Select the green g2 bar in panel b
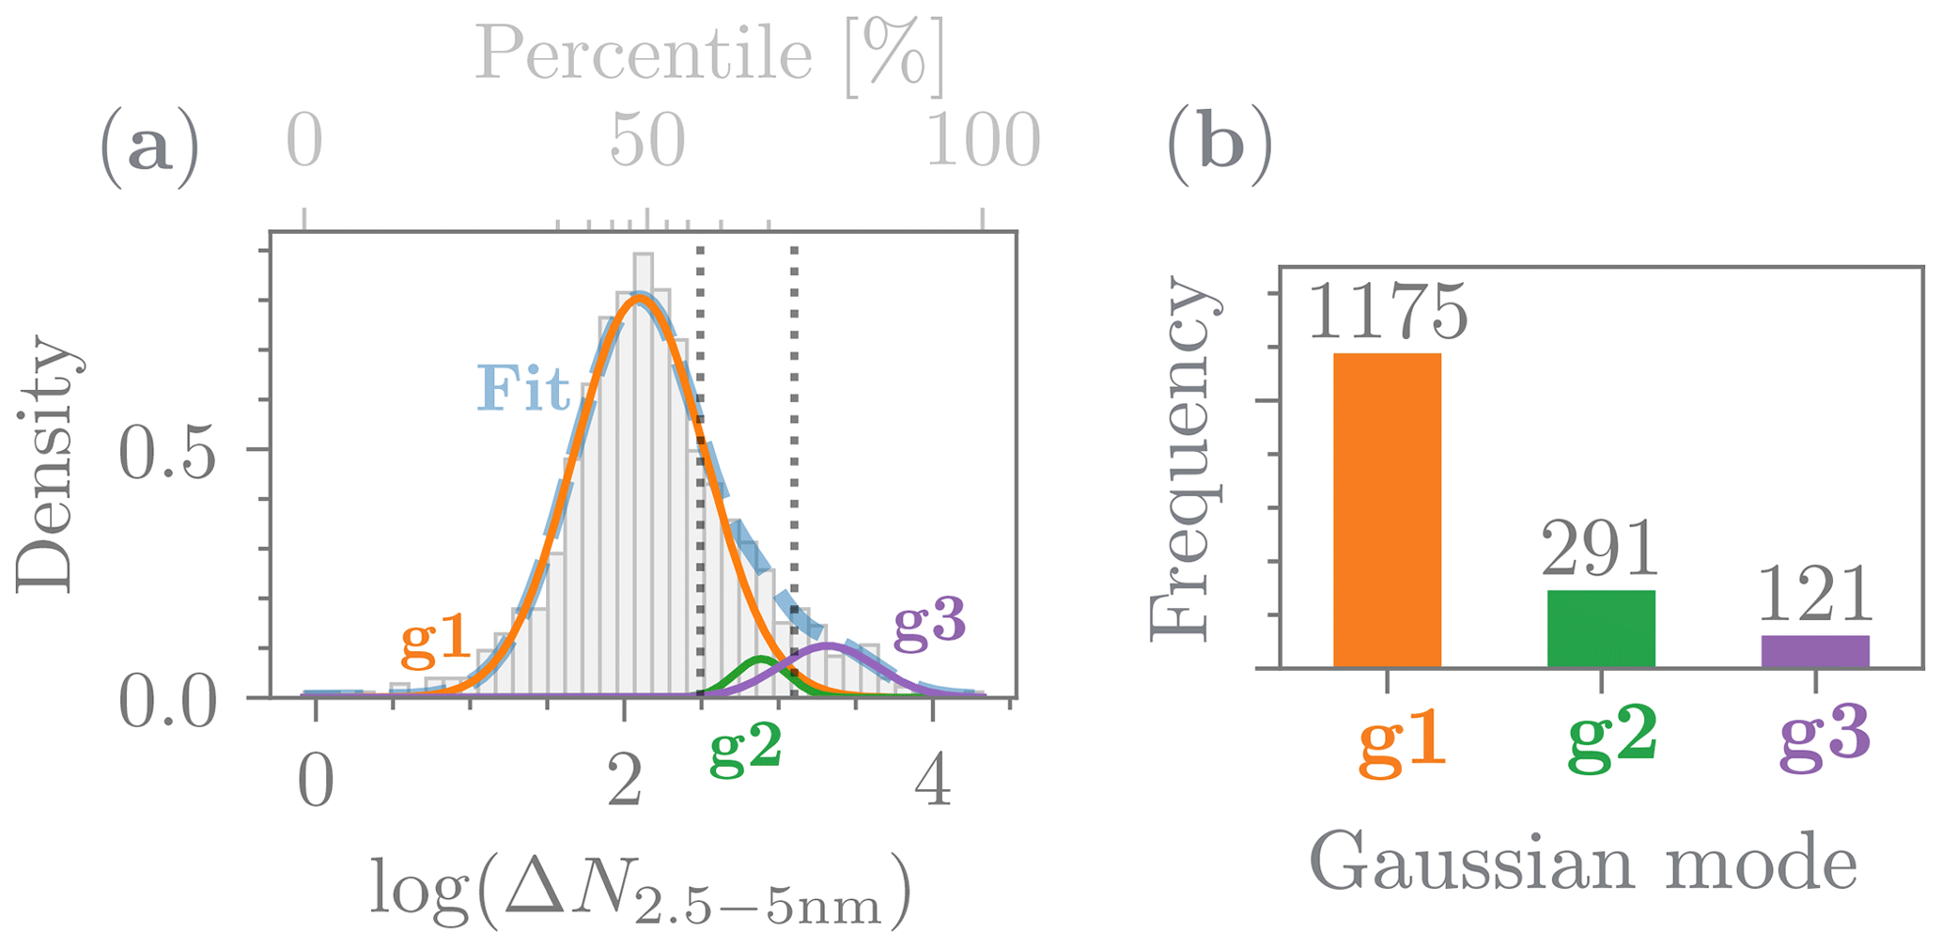[1601, 629]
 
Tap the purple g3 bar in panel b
[1814, 651]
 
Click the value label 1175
[1387, 312]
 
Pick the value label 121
[1814, 596]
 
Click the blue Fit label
[522, 388]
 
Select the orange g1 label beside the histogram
[436, 639]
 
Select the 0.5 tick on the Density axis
[169, 452]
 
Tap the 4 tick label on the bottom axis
[932, 782]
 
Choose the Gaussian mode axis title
[1583, 863]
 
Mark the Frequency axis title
[1186, 460]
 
